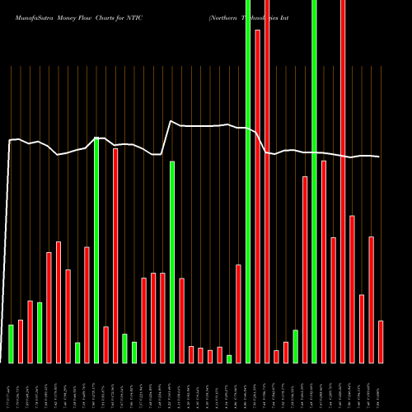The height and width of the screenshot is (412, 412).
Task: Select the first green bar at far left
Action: tap(11, 344)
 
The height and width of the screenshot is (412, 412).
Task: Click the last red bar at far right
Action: tap(381, 341)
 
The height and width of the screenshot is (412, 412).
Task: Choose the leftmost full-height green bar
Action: tap(248, 181)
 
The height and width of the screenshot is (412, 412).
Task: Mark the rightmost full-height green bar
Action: tap(314, 181)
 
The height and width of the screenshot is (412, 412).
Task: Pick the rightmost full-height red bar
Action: tap(343, 181)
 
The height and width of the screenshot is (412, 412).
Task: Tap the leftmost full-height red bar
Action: tap(267, 181)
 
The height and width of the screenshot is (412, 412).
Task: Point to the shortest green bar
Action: tap(229, 358)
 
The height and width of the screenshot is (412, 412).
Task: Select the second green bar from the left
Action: tap(40, 332)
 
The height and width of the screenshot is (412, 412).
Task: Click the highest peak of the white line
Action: tap(171, 121)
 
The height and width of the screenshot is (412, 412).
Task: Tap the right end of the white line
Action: tap(380, 157)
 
